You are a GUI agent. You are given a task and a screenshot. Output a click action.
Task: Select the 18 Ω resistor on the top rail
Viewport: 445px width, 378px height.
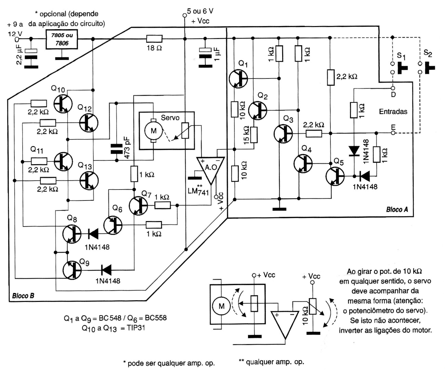[x=154, y=39]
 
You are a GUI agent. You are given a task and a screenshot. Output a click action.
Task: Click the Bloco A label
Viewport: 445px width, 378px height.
[x=397, y=209]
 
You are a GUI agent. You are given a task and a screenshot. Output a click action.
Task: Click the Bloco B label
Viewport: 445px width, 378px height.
[x=23, y=295]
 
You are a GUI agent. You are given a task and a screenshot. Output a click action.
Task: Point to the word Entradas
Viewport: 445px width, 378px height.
[x=393, y=112]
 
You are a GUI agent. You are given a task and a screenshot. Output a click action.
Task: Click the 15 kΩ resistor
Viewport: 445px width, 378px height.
[x=254, y=135]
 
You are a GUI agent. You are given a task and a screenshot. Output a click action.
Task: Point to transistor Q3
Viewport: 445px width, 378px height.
[x=284, y=134]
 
